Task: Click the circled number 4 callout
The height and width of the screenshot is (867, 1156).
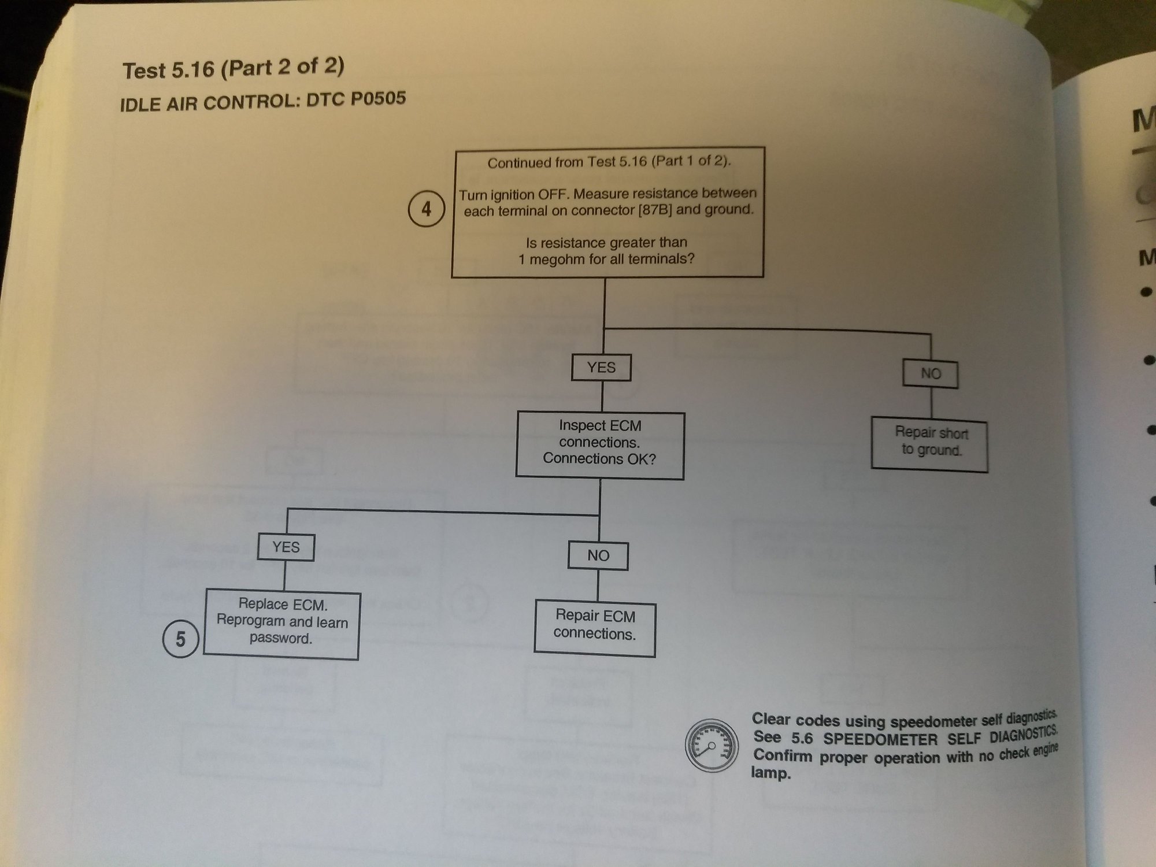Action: click(426, 209)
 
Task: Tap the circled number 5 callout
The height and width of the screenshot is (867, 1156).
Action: click(180, 639)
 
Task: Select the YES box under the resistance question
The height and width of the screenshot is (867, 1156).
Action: click(601, 368)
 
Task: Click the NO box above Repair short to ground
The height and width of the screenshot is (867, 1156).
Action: click(930, 374)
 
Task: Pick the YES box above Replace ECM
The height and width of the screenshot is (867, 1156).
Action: click(286, 547)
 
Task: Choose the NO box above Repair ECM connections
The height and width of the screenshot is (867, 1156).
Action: click(598, 555)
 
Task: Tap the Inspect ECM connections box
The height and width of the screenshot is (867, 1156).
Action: click(600, 445)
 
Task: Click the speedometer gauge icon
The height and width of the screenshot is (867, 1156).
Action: click(712, 746)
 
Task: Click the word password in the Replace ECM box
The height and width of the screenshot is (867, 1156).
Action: click(281, 639)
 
